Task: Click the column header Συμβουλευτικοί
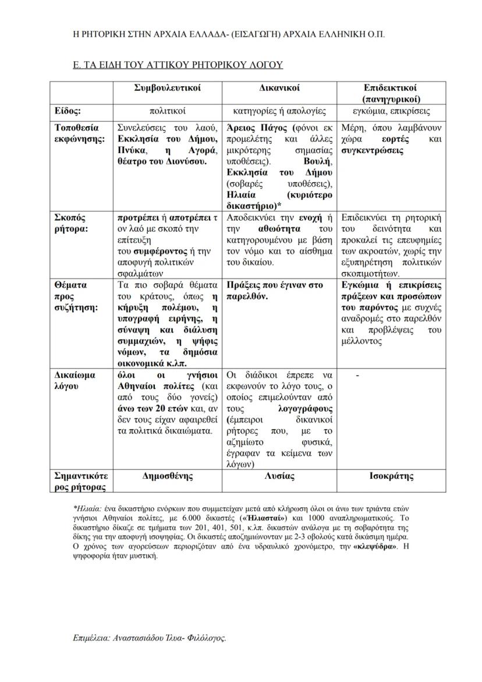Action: [x=167, y=89]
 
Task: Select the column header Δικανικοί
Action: [x=279, y=89]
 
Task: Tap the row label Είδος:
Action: [x=68, y=111]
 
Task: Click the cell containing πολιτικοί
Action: [x=167, y=111]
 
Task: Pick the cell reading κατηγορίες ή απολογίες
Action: [x=279, y=111]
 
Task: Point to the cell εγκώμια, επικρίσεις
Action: [x=392, y=111]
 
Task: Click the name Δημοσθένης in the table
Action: [x=167, y=476]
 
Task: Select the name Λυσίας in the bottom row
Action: [x=279, y=476]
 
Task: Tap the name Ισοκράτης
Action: [x=392, y=476]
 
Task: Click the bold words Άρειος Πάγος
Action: [x=250, y=127]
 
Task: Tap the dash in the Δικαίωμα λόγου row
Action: [x=357, y=376]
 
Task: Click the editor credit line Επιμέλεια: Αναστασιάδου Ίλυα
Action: [x=150, y=638]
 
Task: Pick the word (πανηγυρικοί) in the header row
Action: [x=392, y=98]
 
